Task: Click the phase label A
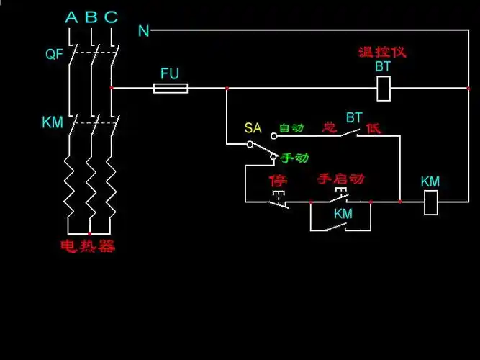pyautogui.click(x=71, y=17)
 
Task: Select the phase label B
pyautogui.click(x=91, y=17)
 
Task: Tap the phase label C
pyautogui.click(x=111, y=17)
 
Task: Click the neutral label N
pyautogui.click(x=144, y=30)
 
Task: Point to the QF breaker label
pyautogui.click(x=54, y=54)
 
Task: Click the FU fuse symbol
pyautogui.click(x=171, y=89)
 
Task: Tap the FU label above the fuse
pyautogui.click(x=170, y=73)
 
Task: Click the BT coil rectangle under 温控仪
pyautogui.click(x=384, y=89)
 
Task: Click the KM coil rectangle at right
pyautogui.click(x=430, y=202)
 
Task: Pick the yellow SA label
pyautogui.click(x=253, y=128)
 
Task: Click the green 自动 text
pyautogui.click(x=291, y=128)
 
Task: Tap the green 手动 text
pyautogui.click(x=294, y=157)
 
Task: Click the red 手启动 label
pyautogui.click(x=340, y=179)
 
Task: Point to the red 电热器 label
pyautogui.click(x=87, y=246)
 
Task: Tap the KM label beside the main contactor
pyautogui.click(x=53, y=123)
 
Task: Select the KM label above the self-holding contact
pyautogui.click(x=343, y=214)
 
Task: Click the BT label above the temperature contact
pyautogui.click(x=354, y=117)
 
